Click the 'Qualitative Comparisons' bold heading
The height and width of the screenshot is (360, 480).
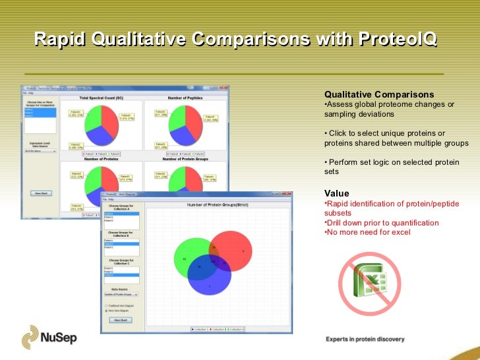(x=379, y=94)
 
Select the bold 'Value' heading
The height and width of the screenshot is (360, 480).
(x=337, y=193)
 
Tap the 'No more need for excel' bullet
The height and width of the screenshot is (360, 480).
(x=369, y=232)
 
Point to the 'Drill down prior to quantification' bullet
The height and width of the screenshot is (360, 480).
(x=382, y=223)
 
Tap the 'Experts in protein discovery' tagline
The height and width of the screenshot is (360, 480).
(x=365, y=340)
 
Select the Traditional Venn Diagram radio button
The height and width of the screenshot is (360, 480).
(x=107, y=305)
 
